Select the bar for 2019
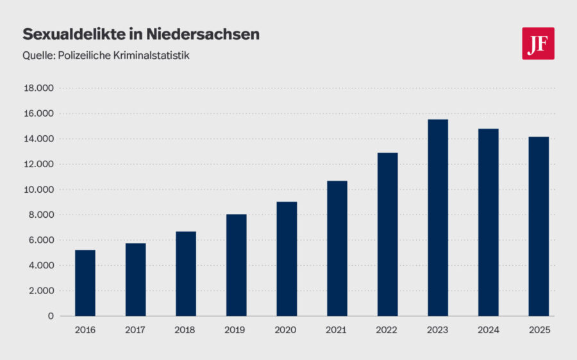[x=236, y=265]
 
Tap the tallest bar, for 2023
[x=438, y=218]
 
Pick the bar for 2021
[x=337, y=248]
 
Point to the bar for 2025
[x=539, y=226]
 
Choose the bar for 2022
[x=387, y=234]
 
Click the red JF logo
[x=538, y=44]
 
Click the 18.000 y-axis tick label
[x=40, y=88]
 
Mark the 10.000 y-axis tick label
[x=40, y=190]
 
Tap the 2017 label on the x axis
[x=135, y=330]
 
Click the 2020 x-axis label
[x=287, y=330]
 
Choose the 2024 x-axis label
[x=488, y=330]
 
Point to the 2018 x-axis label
[x=186, y=330]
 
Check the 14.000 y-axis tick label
[x=40, y=139]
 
